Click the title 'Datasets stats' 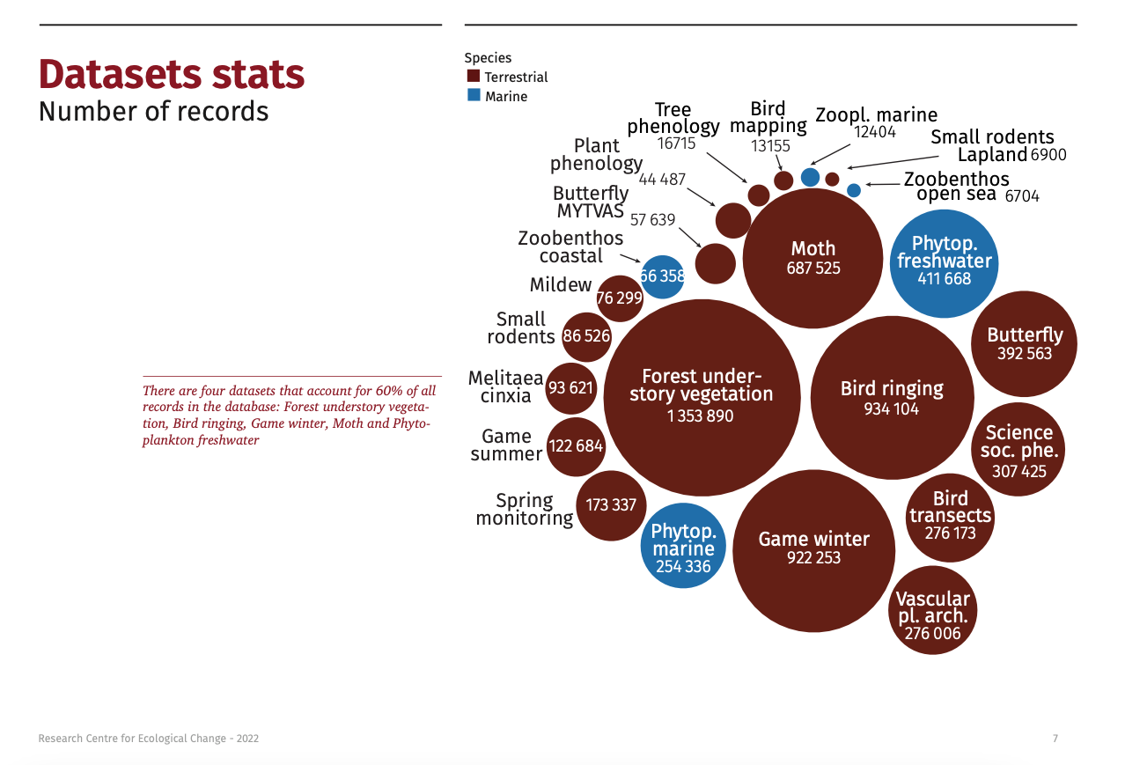pyautogui.click(x=172, y=75)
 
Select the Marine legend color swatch pyautogui.click(x=474, y=95)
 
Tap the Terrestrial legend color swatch pyautogui.click(x=474, y=77)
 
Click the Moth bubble pyautogui.click(x=812, y=258)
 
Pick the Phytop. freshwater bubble pyautogui.click(x=944, y=262)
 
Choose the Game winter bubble pyautogui.click(x=813, y=550)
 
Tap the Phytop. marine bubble pyautogui.click(x=683, y=547)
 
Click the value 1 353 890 pyautogui.click(x=701, y=416)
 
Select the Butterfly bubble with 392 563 pyautogui.click(x=1025, y=344)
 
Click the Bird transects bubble pyautogui.click(x=950, y=517)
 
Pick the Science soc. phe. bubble pyautogui.click(x=1018, y=450)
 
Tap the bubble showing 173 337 pyautogui.click(x=611, y=505)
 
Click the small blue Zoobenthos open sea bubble pyautogui.click(x=854, y=189)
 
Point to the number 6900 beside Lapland pyautogui.click(x=1048, y=155)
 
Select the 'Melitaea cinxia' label pyautogui.click(x=506, y=387)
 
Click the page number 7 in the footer pyautogui.click(x=1055, y=739)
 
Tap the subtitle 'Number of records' pyautogui.click(x=154, y=112)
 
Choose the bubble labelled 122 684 pyautogui.click(x=576, y=446)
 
